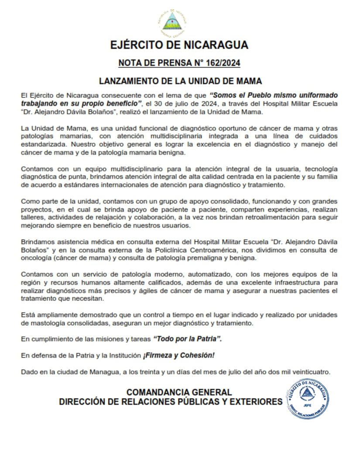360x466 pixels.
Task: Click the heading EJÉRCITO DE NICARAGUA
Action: coord(179,45)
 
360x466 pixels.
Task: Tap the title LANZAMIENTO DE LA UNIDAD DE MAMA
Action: coord(180,81)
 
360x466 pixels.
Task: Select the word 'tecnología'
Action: coord(317,169)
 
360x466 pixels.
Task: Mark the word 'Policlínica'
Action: coord(192,250)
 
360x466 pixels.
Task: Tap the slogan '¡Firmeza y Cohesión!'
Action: coord(178,355)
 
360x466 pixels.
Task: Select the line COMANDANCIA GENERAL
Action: coord(179,392)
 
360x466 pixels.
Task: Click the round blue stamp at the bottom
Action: coord(309,399)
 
